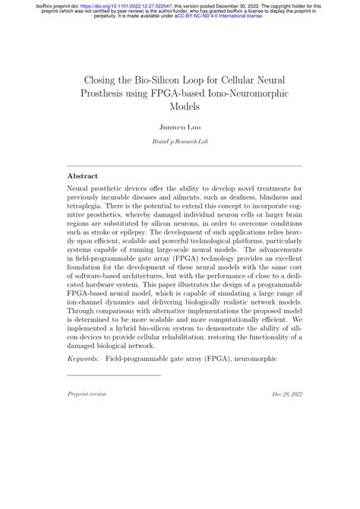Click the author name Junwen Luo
click(180, 128)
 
